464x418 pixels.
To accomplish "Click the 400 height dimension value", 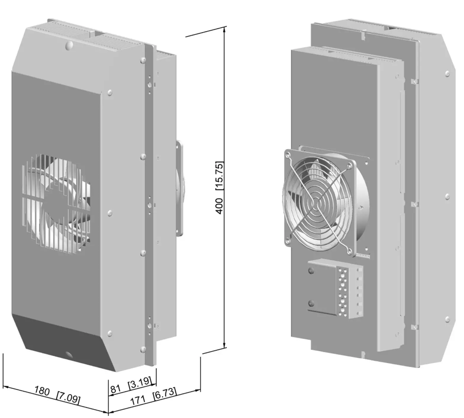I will pos(219,206).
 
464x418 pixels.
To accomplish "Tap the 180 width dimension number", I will pos(42,391).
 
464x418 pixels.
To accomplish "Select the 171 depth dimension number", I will pos(138,401).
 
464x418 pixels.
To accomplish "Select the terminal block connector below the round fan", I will pos(349,292).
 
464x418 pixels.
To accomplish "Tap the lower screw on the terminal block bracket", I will pos(311,303).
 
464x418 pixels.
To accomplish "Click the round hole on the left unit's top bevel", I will pos(69,45).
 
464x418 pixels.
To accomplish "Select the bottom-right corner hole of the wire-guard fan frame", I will pos(349,251).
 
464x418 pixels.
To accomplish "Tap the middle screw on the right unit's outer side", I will pos(447,196).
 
